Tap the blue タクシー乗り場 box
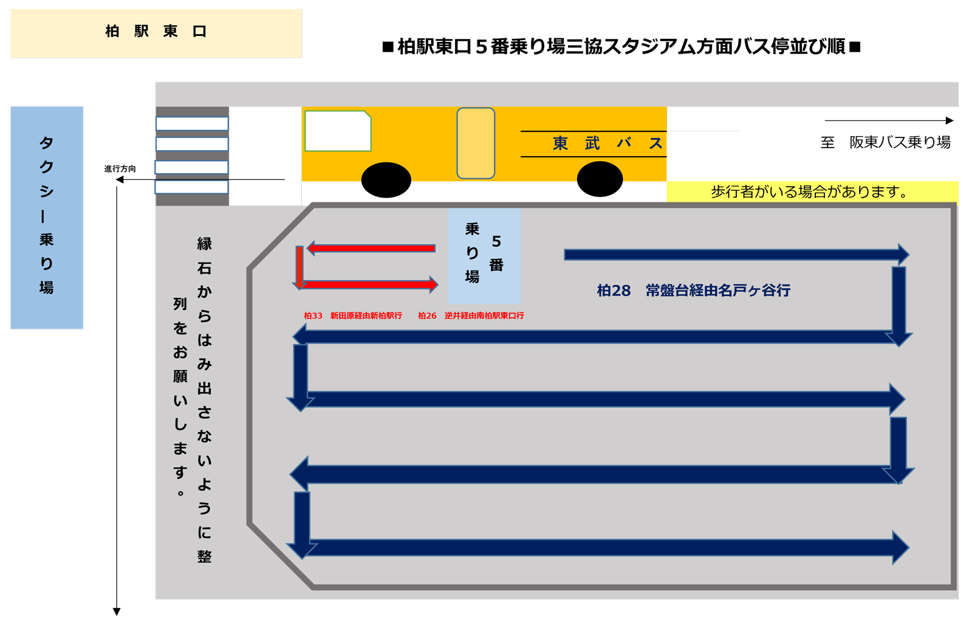(x=47, y=218)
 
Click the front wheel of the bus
(x=386, y=180)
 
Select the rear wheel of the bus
(x=600, y=179)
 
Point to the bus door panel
(x=476, y=143)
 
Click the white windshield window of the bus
(x=337, y=131)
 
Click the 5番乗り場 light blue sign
(x=484, y=255)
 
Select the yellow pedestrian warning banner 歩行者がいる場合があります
(x=812, y=192)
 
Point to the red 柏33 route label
(x=352, y=316)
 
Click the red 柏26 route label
(x=471, y=316)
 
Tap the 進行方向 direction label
(x=120, y=169)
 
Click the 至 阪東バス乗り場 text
(x=885, y=143)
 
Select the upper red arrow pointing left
(x=371, y=248)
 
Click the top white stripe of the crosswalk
(x=192, y=123)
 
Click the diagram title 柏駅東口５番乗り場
(x=621, y=47)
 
